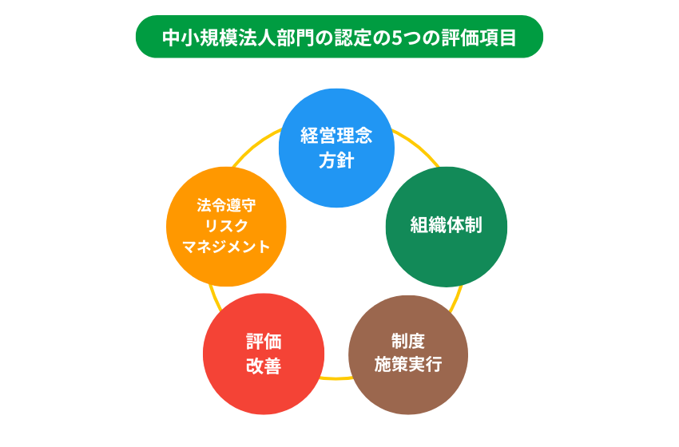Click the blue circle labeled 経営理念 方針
click(337, 148)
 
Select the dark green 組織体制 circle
click(446, 227)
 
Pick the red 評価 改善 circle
click(264, 354)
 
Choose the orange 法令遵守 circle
click(226, 226)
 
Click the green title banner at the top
click(339, 37)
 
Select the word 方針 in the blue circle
click(337, 160)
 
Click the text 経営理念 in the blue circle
click(337, 136)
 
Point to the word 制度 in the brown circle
click(408, 342)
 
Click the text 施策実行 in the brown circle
click(408, 365)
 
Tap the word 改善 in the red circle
click(264, 366)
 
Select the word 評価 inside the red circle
click(264, 342)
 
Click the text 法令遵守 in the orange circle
click(226, 204)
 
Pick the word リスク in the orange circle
click(226, 226)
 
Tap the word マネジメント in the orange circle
click(226, 247)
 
